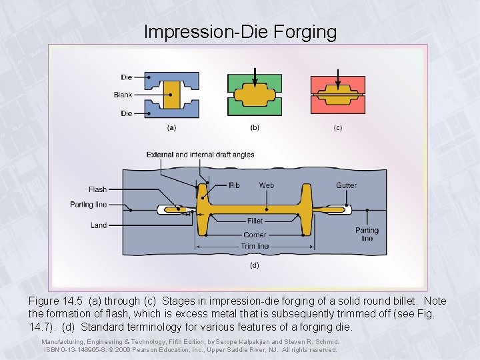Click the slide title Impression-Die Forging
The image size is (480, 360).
point(240,31)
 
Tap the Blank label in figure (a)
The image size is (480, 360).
point(123,95)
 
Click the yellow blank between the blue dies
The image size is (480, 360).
point(171,95)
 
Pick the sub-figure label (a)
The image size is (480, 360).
point(171,127)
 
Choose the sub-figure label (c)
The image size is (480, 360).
point(338,127)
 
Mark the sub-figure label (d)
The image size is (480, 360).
point(255,265)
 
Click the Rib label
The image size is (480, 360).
point(234,185)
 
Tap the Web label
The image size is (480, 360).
point(266,185)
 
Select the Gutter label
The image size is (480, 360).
point(346,185)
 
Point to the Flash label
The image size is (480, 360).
point(97,190)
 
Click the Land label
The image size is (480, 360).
point(99,225)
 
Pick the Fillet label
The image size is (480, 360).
point(255,221)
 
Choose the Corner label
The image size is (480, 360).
point(255,235)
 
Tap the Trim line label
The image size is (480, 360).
point(255,246)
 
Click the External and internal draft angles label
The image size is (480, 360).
point(200,155)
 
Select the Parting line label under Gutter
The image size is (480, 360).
point(367,234)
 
